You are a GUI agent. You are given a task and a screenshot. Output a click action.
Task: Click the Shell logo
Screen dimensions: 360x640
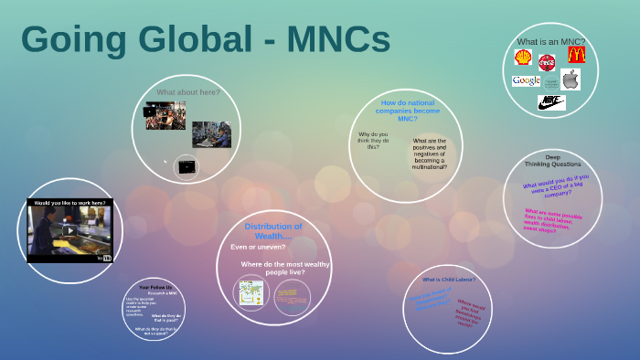[523, 58]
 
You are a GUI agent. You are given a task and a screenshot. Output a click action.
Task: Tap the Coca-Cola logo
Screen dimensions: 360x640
[548, 62]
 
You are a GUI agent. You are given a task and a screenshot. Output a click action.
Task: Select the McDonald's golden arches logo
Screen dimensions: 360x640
[575, 55]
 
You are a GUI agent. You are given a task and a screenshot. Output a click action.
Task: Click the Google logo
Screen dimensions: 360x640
[527, 80]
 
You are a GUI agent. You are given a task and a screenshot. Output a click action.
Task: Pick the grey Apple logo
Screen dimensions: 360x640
[571, 79]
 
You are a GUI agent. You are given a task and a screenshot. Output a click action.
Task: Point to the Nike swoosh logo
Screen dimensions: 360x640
[550, 101]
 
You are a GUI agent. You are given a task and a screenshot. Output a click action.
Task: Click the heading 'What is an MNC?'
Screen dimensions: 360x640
[550, 41]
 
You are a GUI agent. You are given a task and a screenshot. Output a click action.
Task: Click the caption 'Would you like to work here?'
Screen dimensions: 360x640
[69, 202]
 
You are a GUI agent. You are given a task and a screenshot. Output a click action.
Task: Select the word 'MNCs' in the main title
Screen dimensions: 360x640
[338, 39]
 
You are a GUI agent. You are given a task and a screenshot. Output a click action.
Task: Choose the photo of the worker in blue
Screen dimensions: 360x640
[211, 135]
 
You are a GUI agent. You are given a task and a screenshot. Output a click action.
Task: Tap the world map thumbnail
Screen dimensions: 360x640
[251, 292]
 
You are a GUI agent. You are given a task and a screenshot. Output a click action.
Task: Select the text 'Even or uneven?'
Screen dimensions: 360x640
[258, 247]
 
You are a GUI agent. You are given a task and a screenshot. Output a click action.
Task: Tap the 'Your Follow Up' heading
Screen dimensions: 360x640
[155, 288]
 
